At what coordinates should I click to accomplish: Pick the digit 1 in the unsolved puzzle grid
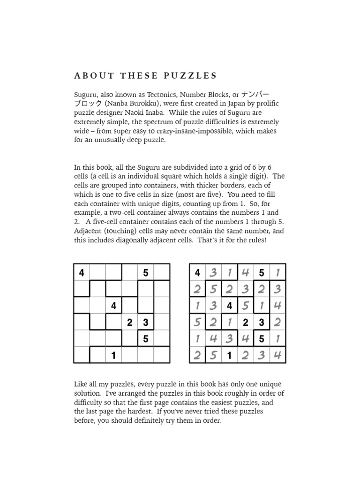[x=113, y=355]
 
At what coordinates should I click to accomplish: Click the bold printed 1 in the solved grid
[x=230, y=355]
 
